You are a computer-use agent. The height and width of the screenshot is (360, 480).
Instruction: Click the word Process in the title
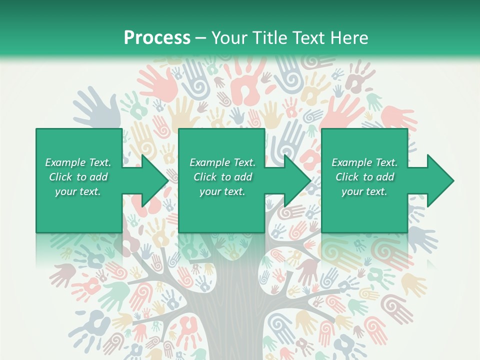pyautogui.click(x=157, y=38)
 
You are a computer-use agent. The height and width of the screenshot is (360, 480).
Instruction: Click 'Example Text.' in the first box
pyautogui.click(x=78, y=162)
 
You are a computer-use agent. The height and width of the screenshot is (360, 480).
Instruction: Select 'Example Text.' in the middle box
pyautogui.click(x=222, y=162)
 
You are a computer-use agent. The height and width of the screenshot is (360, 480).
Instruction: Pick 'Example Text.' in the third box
pyautogui.click(x=364, y=162)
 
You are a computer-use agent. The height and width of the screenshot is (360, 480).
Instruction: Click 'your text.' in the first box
pyautogui.click(x=78, y=191)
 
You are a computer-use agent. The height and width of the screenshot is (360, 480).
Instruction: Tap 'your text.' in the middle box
pyautogui.click(x=222, y=191)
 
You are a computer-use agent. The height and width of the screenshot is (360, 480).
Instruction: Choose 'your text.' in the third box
pyautogui.click(x=364, y=191)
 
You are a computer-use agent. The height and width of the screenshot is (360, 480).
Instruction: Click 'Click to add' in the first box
pyautogui.click(x=78, y=177)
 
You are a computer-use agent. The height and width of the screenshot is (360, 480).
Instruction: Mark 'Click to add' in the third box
pyautogui.click(x=364, y=177)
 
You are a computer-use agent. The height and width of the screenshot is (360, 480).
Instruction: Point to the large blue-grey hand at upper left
pyautogui.click(x=98, y=107)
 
